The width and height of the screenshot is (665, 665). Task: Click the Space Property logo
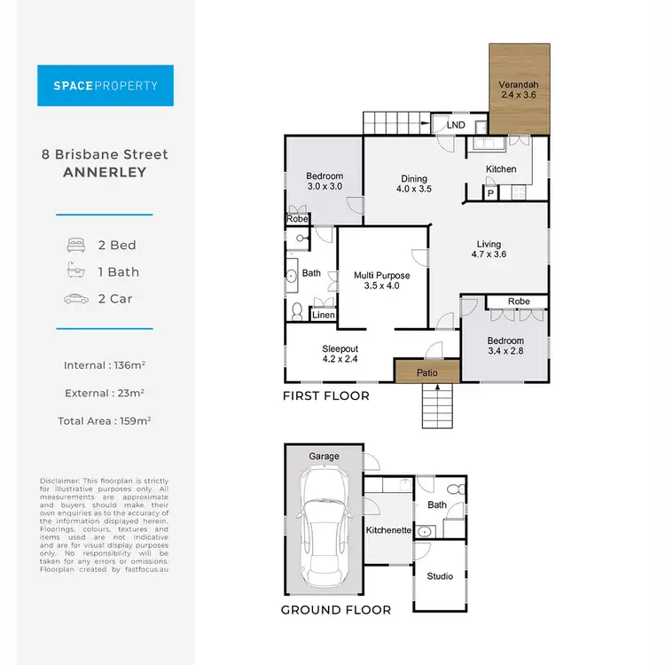(106, 86)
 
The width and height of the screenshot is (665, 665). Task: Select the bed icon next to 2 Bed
(74, 245)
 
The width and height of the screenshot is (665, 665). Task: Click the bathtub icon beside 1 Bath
(74, 272)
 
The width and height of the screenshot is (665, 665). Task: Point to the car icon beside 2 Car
(74, 299)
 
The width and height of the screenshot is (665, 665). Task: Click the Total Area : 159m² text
(105, 421)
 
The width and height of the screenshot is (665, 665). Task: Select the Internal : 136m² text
(105, 365)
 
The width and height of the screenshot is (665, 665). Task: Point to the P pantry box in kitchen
(489, 192)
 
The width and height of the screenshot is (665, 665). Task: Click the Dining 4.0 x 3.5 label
(413, 184)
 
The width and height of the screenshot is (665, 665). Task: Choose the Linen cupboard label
(324, 316)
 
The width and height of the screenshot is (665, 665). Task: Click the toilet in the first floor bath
(297, 310)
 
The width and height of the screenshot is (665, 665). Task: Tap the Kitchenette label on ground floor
(387, 530)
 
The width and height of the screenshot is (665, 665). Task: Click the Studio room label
(440, 576)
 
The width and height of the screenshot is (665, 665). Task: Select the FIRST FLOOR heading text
(325, 395)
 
